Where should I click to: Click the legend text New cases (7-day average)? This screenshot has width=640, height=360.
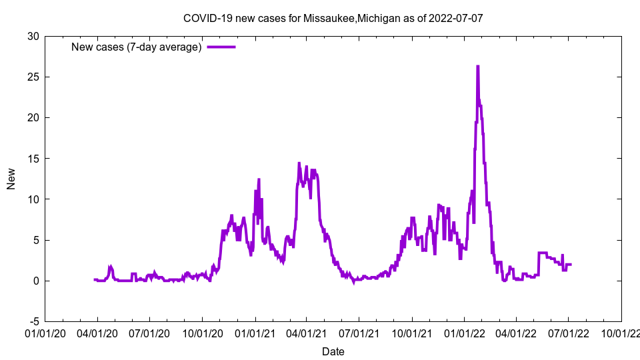point(137,47)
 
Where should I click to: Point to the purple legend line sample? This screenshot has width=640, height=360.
point(221,47)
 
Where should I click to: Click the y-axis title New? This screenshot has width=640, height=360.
point(11,179)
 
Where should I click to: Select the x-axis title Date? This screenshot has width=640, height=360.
point(333,351)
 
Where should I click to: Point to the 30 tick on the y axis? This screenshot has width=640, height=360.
point(33,36)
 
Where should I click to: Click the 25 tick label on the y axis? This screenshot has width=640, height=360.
point(33,77)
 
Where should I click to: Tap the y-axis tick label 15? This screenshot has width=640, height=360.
point(33,159)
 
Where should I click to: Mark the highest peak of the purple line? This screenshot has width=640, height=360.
point(478,67)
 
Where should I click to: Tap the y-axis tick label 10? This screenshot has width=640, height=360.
point(33,199)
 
